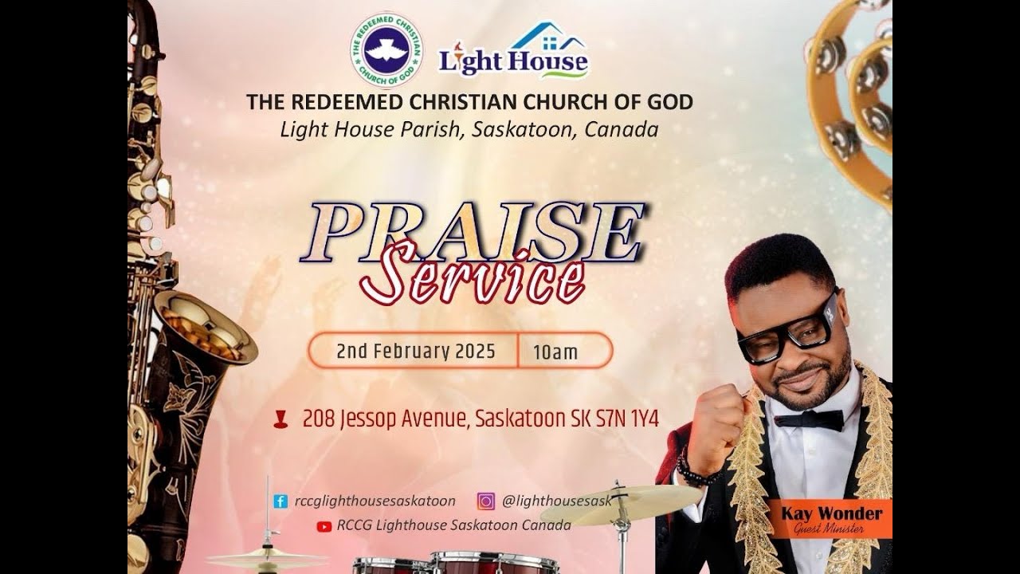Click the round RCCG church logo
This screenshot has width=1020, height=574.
click(x=386, y=49)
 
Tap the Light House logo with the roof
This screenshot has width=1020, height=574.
click(x=514, y=52)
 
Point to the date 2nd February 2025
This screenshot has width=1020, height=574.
click(x=415, y=352)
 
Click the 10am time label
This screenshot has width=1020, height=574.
click(x=555, y=352)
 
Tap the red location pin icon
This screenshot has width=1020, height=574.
click(x=280, y=419)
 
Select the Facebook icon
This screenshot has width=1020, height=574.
click(x=280, y=501)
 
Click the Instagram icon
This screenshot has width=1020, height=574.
click(x=485, y=501)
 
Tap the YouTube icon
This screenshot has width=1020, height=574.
click(x=324, y=526)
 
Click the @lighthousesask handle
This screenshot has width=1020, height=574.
click(x=556, y=501)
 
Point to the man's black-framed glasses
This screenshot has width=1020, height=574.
click(x=789, y=327)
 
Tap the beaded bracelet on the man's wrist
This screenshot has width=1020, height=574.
click(x=694, y=470)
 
